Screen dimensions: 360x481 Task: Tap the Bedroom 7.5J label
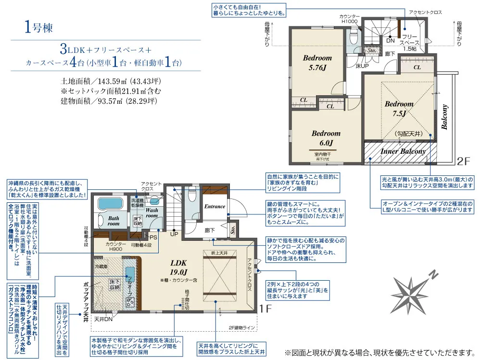coord(399,109)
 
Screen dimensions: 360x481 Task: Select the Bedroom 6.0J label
coord(326,138)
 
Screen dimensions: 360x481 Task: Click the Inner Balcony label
coord(403,151)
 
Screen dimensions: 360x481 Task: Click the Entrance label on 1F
coord(215,206)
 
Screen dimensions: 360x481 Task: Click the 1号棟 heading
coord(37,27)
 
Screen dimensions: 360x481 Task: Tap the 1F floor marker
coord(266,308)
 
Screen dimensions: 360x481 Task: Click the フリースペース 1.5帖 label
coord(409,42)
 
